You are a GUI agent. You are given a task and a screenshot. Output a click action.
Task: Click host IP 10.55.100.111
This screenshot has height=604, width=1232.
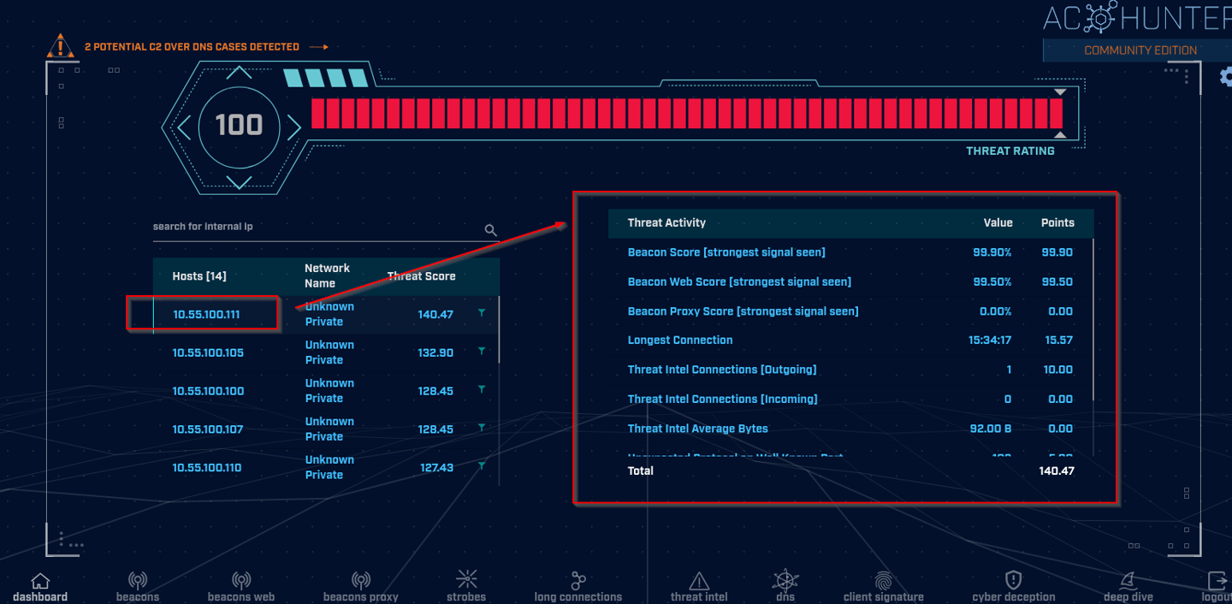[206, 314]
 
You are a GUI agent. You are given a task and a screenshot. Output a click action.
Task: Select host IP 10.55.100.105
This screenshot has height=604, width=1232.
[208, 352]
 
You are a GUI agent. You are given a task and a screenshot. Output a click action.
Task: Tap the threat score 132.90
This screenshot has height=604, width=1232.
[435, 352]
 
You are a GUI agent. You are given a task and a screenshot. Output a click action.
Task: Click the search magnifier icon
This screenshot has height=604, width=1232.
[490, 230]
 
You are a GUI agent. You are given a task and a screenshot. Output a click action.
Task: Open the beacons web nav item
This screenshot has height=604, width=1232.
[241, 587]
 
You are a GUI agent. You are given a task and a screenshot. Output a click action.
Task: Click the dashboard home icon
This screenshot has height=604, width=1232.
[40, 582]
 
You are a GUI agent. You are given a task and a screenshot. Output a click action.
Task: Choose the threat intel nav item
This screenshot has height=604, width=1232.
[699, 587]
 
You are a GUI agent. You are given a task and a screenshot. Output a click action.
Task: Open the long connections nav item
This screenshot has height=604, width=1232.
[578, 587]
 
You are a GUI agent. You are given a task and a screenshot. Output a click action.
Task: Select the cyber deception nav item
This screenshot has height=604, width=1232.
[1014, 587]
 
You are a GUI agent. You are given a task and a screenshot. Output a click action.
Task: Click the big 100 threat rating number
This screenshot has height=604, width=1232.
[239, 126]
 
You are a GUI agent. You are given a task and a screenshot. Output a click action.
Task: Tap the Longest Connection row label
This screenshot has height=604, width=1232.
[680, 340]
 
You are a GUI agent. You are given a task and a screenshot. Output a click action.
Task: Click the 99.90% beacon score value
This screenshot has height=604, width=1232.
[992, 252]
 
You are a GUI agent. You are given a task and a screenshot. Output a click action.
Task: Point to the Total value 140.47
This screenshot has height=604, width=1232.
[1057, 471]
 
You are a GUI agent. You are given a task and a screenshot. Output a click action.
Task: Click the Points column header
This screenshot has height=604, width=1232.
[1057, 222]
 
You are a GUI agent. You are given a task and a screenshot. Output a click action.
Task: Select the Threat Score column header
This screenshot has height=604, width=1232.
[421, 276]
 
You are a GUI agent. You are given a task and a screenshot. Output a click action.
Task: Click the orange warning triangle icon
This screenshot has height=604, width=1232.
[60, 46]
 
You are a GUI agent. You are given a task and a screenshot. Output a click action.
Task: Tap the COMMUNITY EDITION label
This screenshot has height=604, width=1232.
[1140, 50]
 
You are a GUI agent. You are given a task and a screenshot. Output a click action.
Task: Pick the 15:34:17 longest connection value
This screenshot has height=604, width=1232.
[990, 340]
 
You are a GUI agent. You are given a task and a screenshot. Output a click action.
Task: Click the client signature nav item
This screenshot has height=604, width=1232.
[883, 587]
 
